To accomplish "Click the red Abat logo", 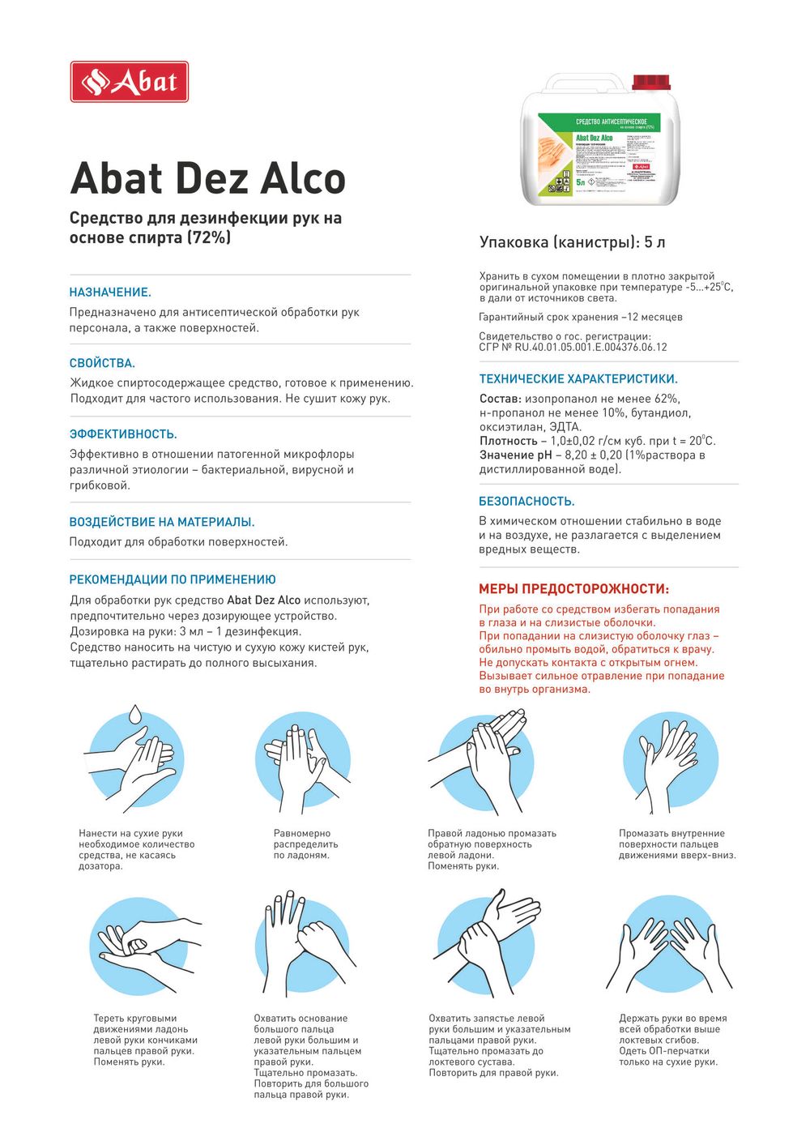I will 130,82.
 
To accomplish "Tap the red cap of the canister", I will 651,83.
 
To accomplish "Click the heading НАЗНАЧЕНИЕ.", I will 110,293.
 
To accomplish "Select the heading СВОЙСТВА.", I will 102,363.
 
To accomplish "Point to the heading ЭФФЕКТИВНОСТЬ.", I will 123,434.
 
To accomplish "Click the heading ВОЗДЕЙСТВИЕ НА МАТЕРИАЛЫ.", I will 162,522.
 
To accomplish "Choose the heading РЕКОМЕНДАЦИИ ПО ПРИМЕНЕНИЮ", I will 173,579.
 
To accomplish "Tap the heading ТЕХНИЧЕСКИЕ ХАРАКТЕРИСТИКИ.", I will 578,378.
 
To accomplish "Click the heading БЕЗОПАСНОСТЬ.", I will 526,502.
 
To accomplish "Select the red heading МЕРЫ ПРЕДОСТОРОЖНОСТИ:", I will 573,589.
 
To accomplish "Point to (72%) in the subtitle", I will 209,237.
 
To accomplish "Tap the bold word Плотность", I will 509,441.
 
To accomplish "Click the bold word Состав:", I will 500,399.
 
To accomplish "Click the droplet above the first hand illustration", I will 135,714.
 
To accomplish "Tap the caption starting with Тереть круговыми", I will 145,1040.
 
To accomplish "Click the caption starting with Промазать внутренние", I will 677,844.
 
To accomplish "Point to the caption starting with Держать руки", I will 673,1040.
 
